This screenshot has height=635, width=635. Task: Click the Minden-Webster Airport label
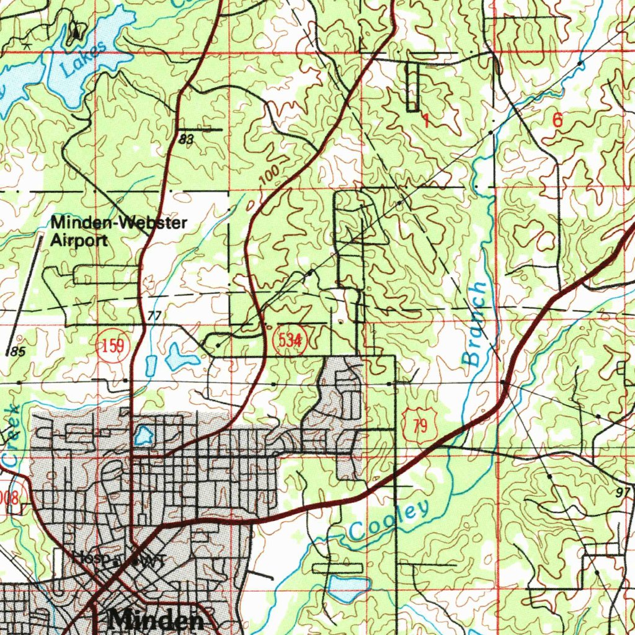coord(118,231)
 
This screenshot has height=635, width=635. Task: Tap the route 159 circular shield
coord(113,345)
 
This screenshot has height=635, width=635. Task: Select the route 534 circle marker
coord(290,340)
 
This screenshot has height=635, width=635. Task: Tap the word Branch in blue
coord(476,324)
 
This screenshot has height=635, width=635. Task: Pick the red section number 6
coord(557,121)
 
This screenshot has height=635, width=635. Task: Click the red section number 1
coord(426,120)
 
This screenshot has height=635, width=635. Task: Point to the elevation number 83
coord(185,140)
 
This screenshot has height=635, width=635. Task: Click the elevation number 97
coord(623,491)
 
